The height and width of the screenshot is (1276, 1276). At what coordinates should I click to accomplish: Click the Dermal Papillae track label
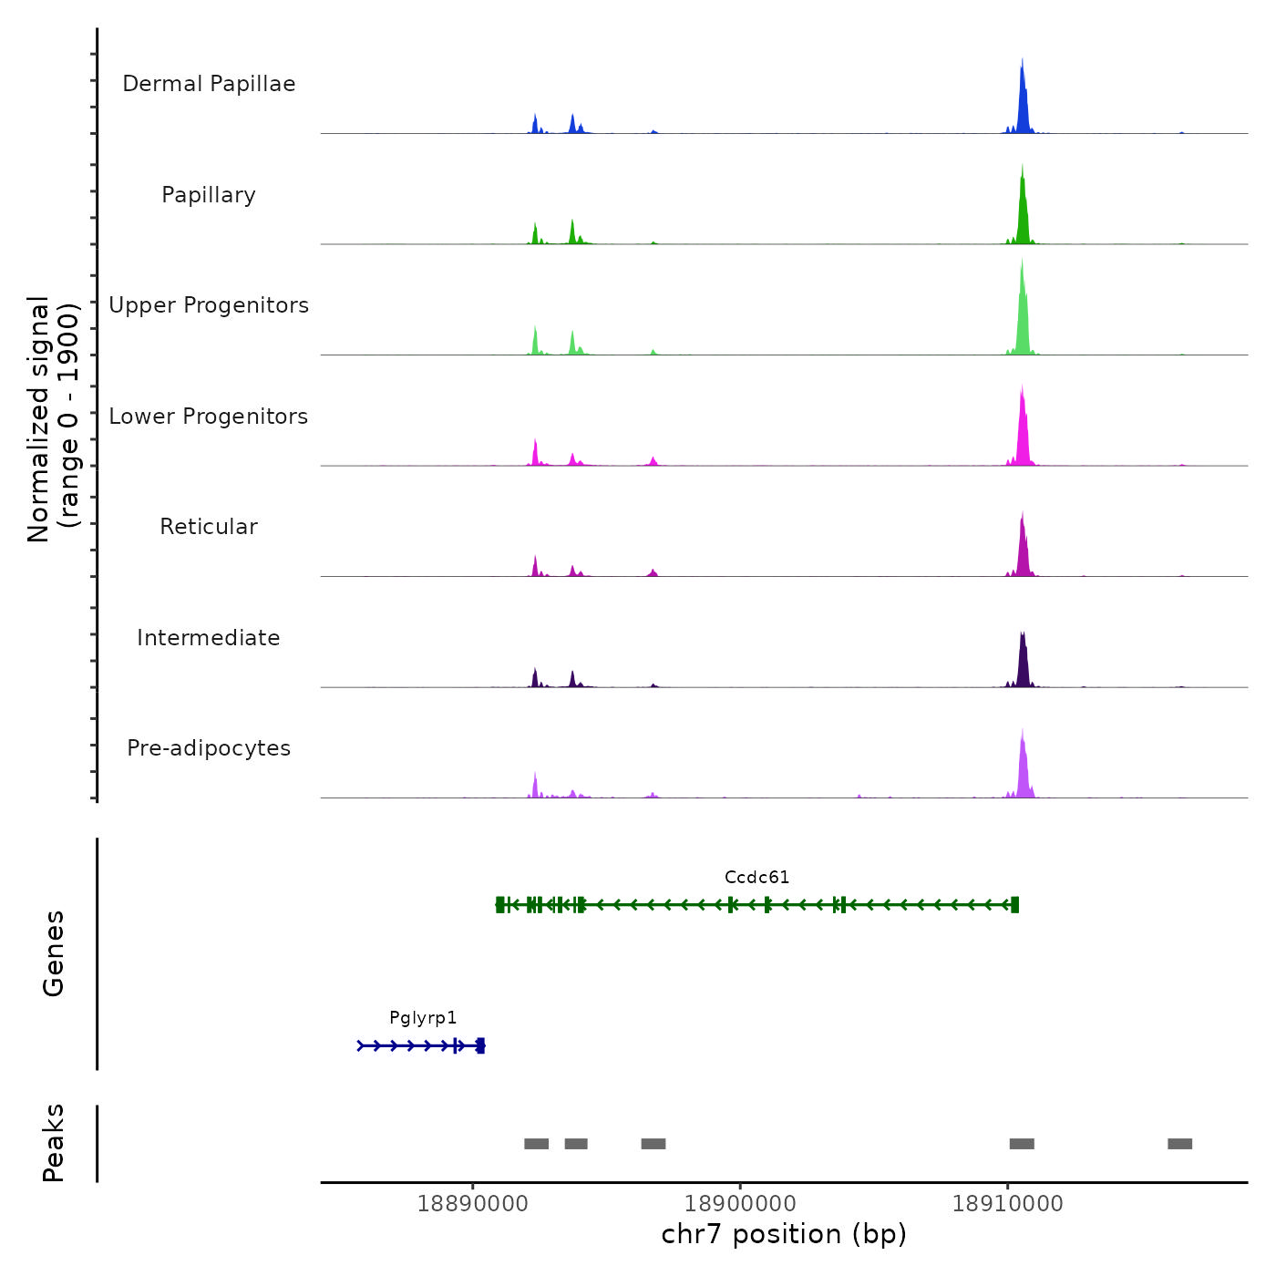209,84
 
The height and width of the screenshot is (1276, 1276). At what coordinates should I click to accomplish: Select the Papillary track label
209,195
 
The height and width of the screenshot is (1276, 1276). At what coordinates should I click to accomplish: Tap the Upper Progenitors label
209,305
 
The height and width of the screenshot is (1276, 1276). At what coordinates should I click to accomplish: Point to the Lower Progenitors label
209,417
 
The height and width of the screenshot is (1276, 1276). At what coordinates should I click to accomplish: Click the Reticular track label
209,527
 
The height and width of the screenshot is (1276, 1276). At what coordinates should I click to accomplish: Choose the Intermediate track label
209,638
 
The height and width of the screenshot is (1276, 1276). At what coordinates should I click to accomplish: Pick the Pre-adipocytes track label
209,748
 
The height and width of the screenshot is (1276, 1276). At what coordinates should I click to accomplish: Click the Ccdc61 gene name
756,878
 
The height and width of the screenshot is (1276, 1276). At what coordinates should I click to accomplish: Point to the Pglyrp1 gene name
423,1018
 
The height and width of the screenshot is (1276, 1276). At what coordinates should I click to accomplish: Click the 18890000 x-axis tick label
472,1204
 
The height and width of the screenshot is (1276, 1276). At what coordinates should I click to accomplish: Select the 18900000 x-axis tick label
740,1204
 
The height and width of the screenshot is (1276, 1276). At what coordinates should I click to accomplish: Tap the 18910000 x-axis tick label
1007,1204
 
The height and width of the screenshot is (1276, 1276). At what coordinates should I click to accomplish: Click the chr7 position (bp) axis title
784,1234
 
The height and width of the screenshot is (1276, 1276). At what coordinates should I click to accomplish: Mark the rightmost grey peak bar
1179,1144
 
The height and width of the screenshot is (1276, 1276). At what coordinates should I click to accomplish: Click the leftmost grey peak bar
536,1144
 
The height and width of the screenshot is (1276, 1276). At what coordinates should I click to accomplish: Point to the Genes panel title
54,953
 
